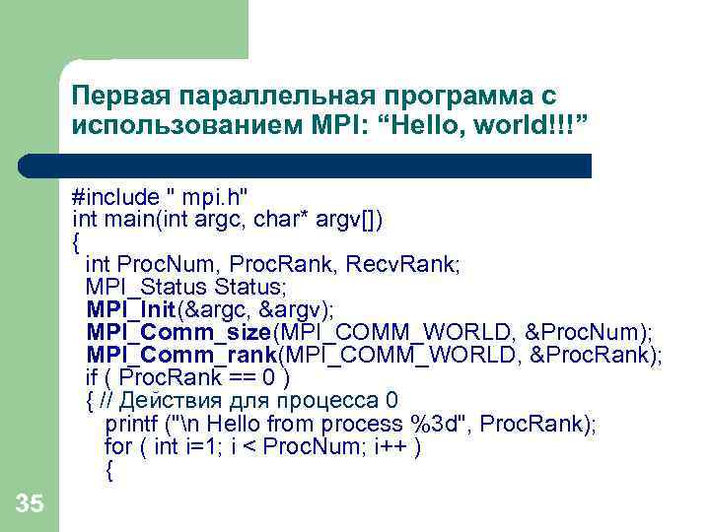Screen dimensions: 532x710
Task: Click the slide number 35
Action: tap(30, 505)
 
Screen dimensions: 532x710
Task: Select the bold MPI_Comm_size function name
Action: tap(178, 332)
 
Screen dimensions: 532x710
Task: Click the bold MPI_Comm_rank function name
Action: tap(181, 355)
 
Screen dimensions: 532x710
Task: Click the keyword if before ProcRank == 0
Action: tap(92, 377)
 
